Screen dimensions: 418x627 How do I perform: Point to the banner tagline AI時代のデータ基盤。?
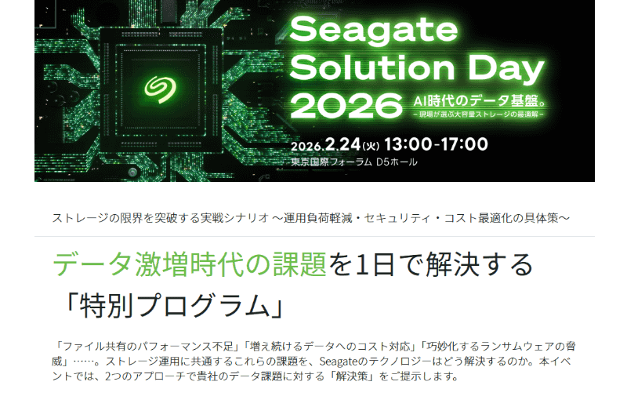click(480, 100)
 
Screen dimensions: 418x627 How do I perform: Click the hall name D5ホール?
click(397, 162)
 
